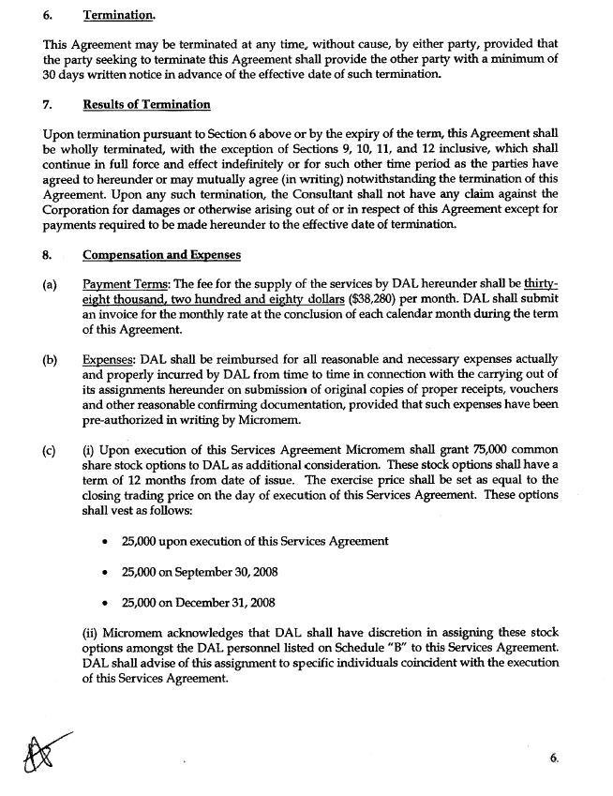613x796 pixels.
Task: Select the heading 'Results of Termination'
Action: pos(146,104)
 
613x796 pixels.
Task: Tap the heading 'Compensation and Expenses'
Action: pos(161,254)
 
